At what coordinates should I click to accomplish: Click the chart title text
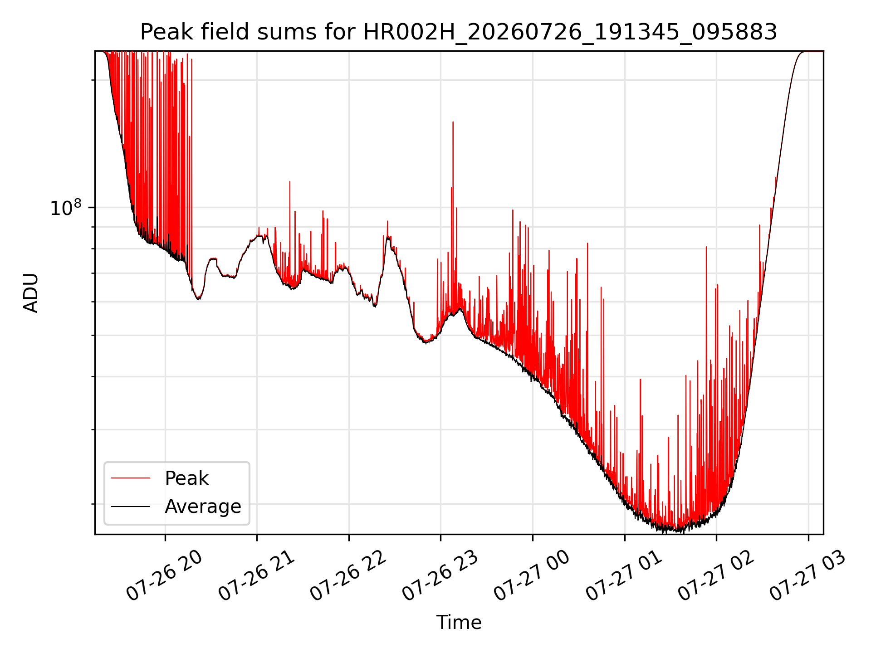point(459,32)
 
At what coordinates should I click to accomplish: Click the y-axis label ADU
point(31,293)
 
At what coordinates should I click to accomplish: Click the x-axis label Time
point(459,622)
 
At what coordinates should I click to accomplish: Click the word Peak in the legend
point(186,478)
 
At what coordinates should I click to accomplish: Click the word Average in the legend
point(203,506)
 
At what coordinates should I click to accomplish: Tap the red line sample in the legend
point(131,478)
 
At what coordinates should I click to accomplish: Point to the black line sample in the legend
point(131,506)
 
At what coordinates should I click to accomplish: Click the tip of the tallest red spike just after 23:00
point(453,122)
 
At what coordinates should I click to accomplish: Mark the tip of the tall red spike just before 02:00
point(706,247)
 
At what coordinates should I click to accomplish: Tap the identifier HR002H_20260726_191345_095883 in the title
point(570,33)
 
